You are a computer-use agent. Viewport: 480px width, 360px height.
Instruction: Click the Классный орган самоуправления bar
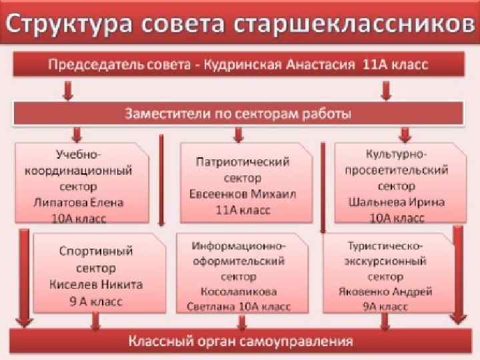pos(240,343)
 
